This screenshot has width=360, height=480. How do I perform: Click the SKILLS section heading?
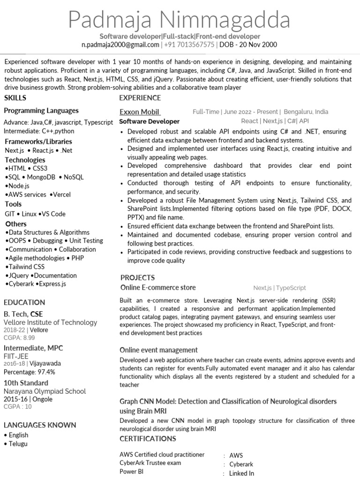[x=15, y=98]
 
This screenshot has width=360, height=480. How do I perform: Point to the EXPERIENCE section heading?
[x=140, y=98]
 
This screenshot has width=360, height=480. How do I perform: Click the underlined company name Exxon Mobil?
[x=140, y=112]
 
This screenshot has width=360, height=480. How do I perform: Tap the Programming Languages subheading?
[x=41, y=111]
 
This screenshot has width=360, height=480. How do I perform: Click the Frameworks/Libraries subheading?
[x=38, y=142]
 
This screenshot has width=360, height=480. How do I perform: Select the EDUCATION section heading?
[x=24, y=302]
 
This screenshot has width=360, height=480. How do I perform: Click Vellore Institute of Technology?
[x=50, y=322]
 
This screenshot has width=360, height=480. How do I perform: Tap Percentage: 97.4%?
[x=30, y=372]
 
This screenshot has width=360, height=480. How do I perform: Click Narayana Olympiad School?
[x=45, y=391]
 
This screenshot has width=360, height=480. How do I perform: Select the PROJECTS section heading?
[x=137, y=277]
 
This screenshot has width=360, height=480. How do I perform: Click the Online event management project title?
[x=158, y=350]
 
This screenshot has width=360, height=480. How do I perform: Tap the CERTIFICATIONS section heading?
[x=148, y=439]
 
